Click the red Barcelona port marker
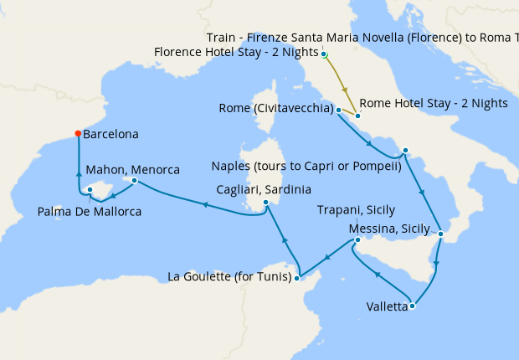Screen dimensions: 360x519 tap(78, 133)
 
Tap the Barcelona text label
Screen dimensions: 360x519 tap(111, 134)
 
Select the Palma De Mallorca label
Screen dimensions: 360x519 tap(90, 212)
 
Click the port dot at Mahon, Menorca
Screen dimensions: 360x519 tap(134, 180)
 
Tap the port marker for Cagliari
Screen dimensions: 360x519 tap(265, 202)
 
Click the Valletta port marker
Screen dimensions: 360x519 tap(412, 306)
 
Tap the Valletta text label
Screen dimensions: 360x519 tap(387, 306)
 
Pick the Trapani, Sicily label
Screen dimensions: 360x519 tap(357, 210)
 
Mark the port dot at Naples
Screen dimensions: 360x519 tap(404, 151)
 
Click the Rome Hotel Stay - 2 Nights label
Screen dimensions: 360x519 tap(434, 104)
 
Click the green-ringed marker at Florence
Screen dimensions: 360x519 tap(325, 54)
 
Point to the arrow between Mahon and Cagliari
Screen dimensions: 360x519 tap(202, 203)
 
